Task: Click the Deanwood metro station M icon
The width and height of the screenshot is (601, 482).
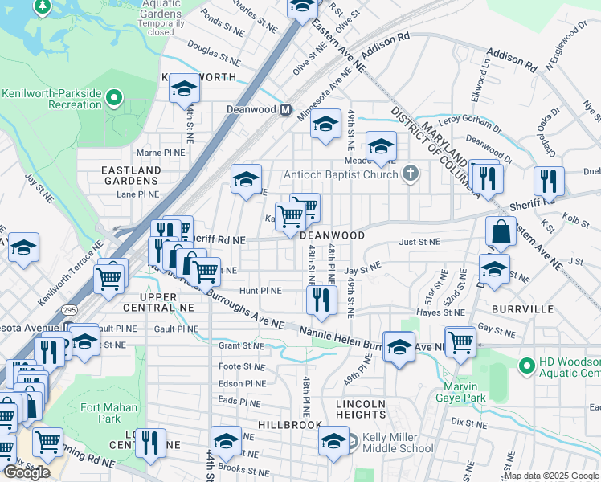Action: [284, 109]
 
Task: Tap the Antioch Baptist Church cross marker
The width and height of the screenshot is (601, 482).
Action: [410, 174]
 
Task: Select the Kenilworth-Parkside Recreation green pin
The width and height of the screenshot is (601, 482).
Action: [114, 99]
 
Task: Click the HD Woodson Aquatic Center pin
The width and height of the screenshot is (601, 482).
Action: [526, 366]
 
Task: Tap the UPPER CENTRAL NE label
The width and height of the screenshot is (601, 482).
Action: [160, 302]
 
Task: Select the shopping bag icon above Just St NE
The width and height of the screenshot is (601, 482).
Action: [501, 231]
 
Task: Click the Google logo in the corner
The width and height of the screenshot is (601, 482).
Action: [26, 472]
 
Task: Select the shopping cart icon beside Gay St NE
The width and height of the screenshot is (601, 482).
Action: [460, 341]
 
